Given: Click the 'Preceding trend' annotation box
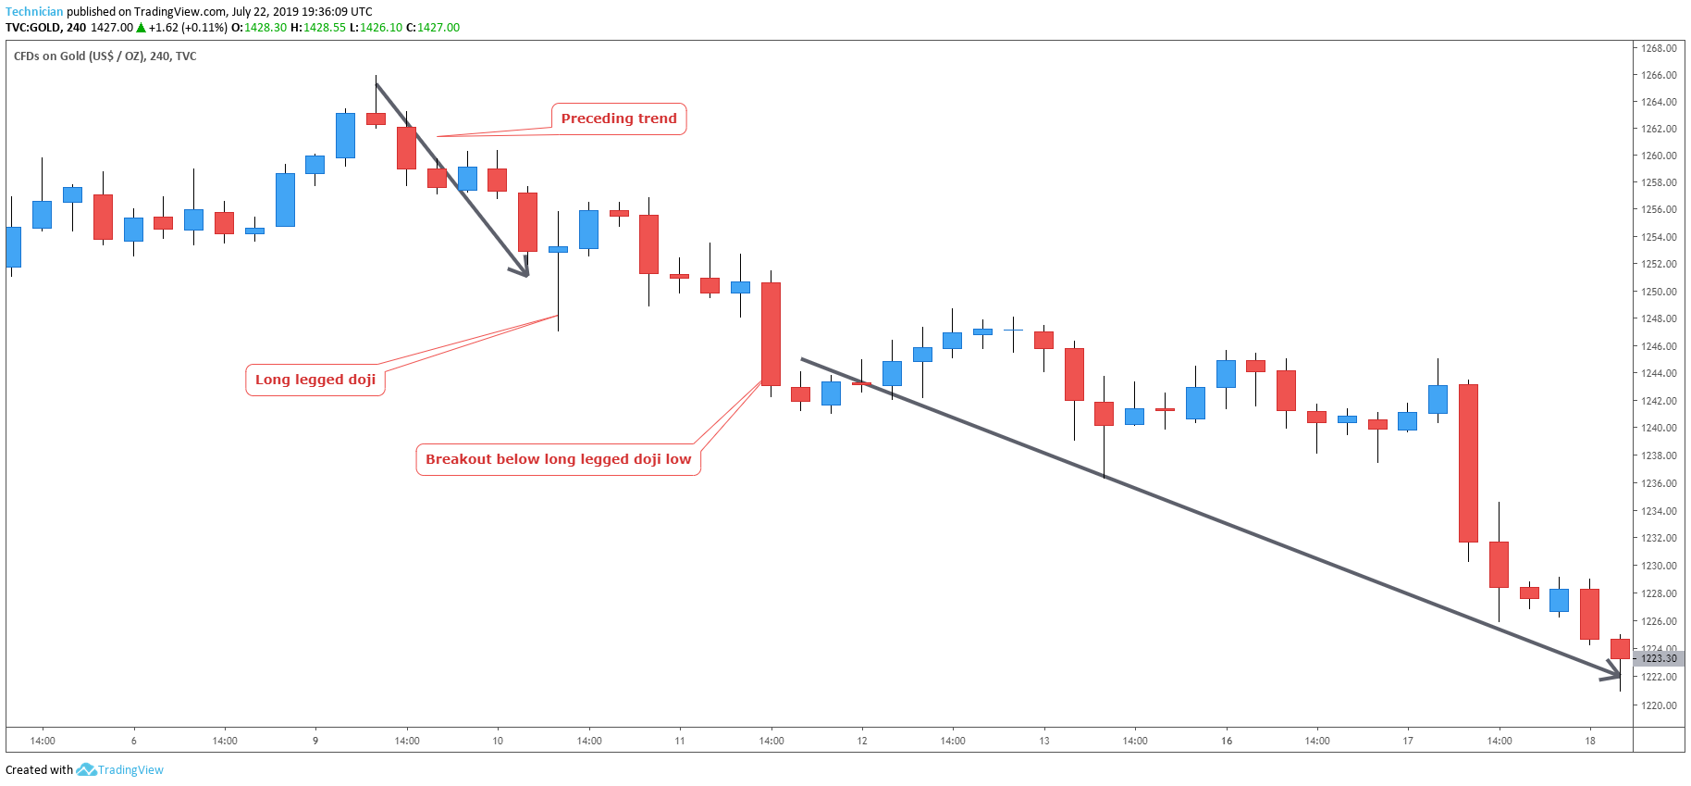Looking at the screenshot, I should click(619, 119).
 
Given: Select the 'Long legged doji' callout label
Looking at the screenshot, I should click(315, 380).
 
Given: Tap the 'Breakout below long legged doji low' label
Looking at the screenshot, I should click(558, 459).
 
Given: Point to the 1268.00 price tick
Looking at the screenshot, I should click(1659, 48).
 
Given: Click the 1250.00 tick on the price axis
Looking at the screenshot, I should click(1659, 292).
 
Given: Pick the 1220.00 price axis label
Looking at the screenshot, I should click(1659, 705).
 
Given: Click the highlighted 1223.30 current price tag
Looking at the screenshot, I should click(1659, 658).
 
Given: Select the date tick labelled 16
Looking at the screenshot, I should click(1227, 741).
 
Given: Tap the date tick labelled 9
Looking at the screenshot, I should click(315, 741).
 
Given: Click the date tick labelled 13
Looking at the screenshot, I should click(1044, 741).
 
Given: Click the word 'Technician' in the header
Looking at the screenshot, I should click(34, 12).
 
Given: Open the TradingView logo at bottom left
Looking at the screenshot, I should click(120, 769).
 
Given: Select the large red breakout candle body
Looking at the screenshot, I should click(771, 333).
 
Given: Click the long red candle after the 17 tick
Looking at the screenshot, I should click(1468, 463).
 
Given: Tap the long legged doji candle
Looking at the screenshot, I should click(558, 249).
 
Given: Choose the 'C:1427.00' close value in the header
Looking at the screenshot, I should click(433, 28).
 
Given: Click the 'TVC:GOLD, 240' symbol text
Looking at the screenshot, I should click(45, 28).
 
